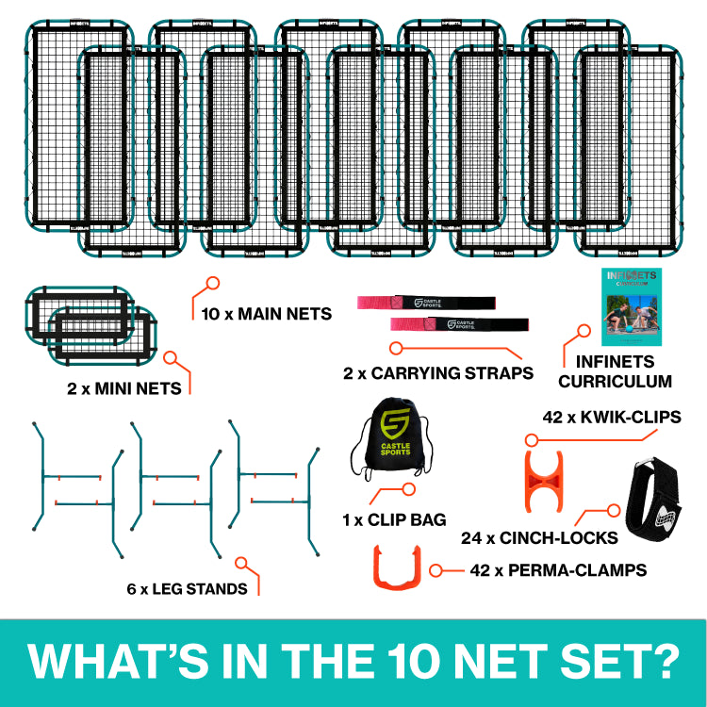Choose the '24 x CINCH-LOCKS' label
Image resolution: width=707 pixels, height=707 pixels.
539,537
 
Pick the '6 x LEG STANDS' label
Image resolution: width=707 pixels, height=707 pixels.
185,588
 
